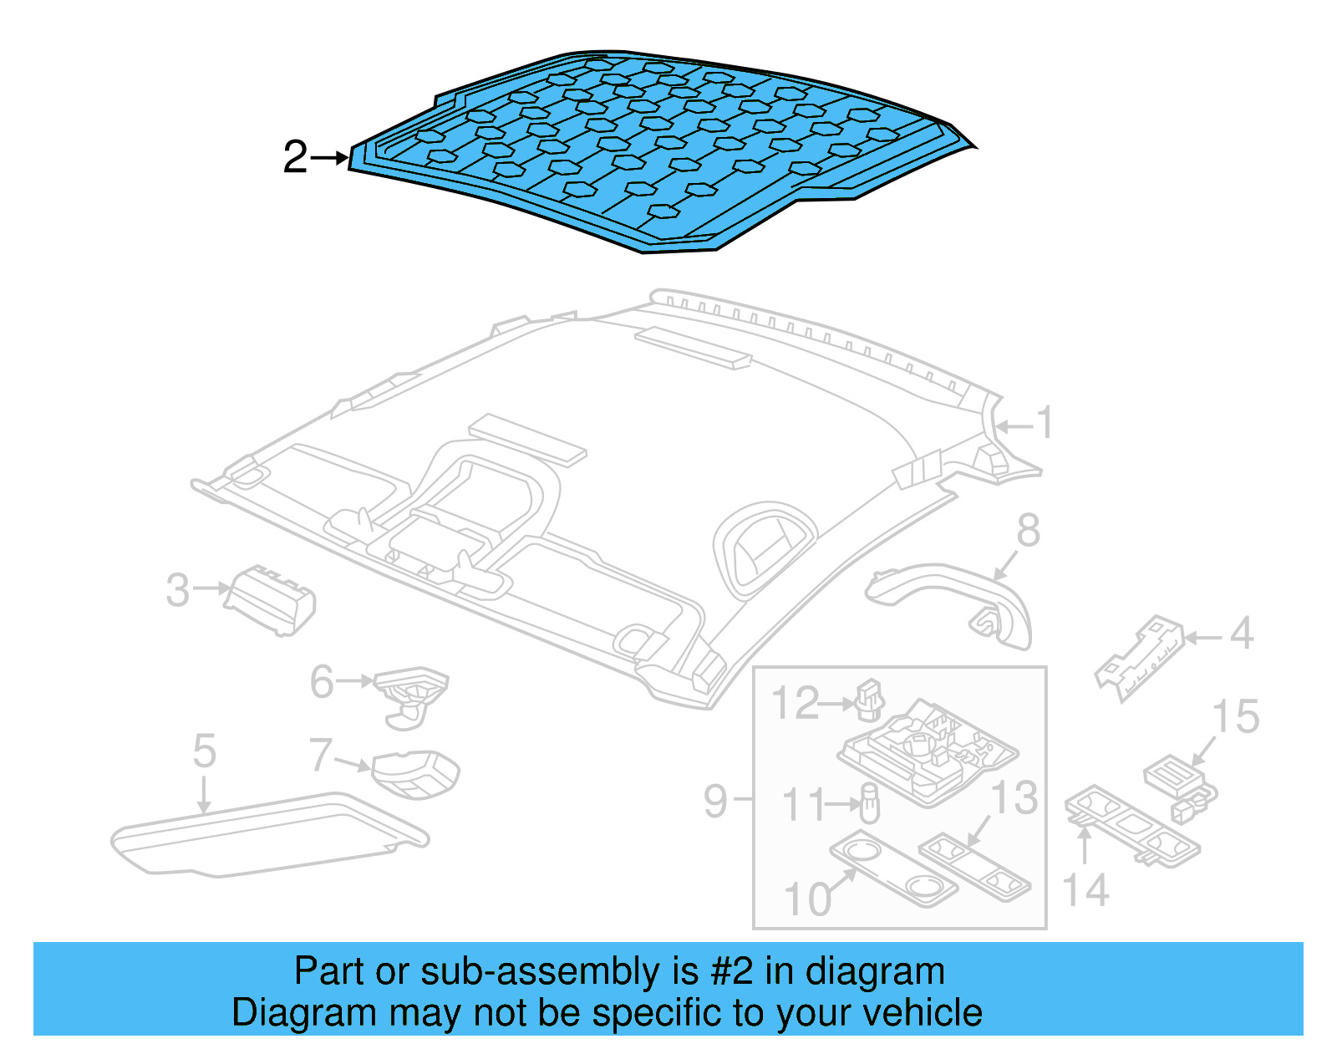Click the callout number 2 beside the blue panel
[295, 157]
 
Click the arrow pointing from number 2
[331, 157]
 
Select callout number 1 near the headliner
[1045, 423]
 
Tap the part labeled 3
[272, 600]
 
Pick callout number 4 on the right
[1242, 634]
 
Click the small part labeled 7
[415, 774]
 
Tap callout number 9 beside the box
[716, 801]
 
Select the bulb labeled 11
[870, 805]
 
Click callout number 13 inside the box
[1014, 797]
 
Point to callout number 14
[1085, 890]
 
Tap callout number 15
[1235, 717]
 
